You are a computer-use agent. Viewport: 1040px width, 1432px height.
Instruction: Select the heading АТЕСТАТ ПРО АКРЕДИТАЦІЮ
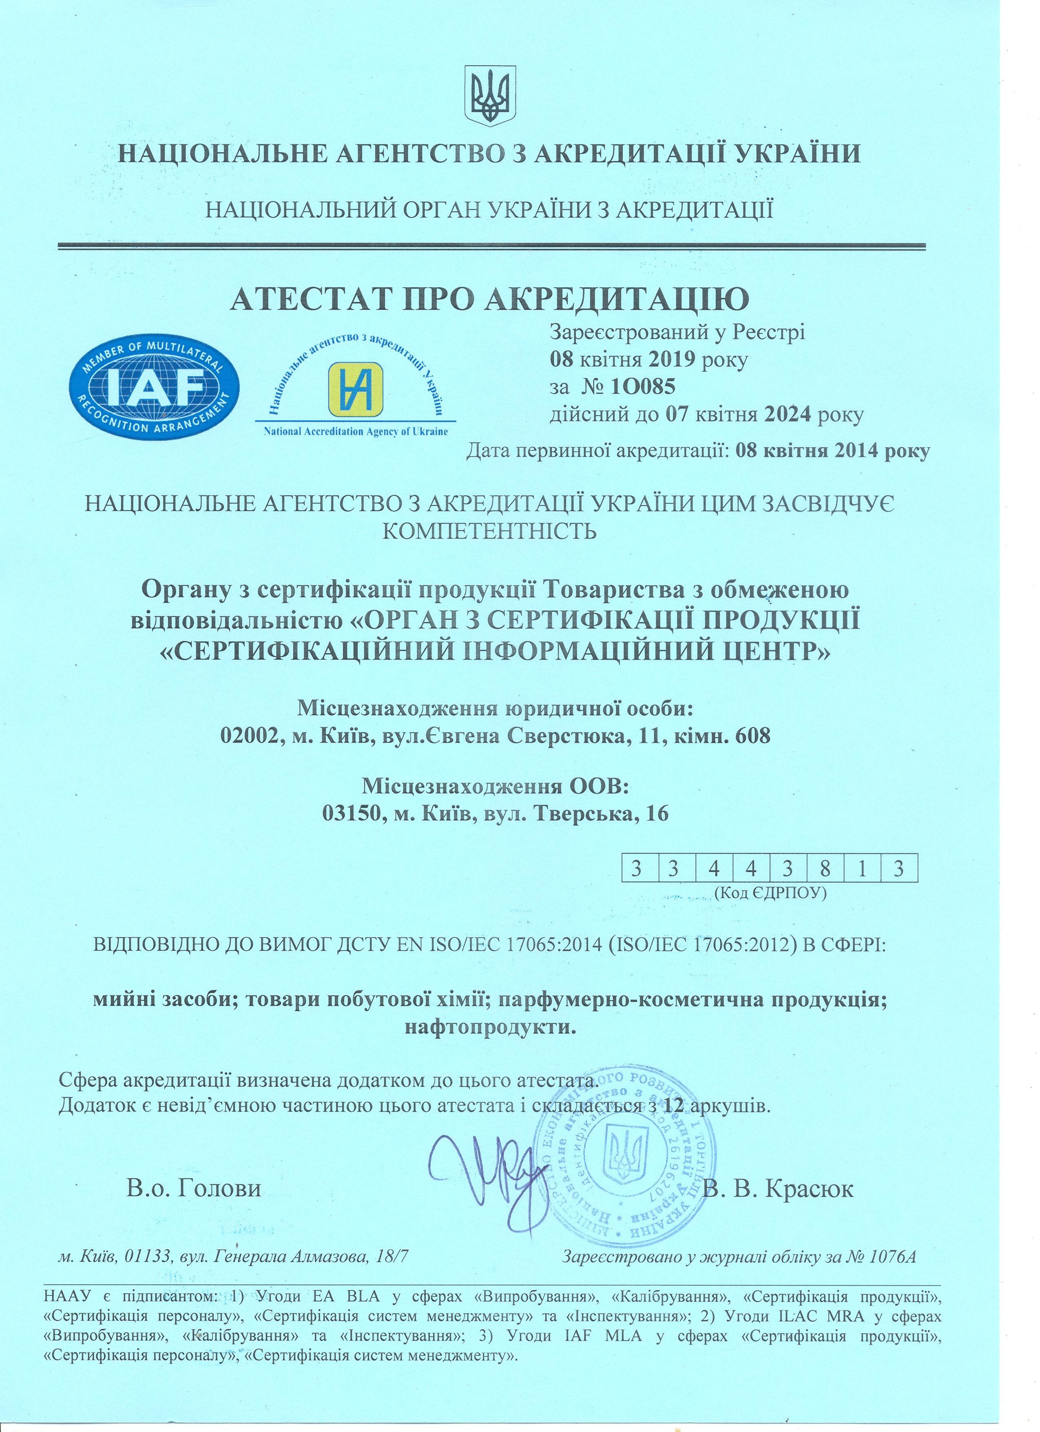490,299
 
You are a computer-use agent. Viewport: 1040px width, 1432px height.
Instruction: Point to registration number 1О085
643,386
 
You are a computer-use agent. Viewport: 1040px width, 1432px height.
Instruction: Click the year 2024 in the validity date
788,415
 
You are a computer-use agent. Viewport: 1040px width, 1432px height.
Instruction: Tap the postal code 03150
349,813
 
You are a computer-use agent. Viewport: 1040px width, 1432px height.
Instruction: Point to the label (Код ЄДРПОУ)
770,893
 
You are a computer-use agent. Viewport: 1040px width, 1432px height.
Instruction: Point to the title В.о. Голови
194,1189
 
